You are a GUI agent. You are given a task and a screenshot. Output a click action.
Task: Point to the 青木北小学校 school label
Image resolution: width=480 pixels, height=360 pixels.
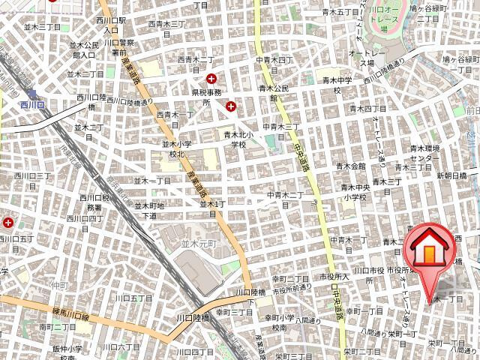(234, 139)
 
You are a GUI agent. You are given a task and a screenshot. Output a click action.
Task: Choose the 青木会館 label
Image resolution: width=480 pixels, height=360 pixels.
(351, 166)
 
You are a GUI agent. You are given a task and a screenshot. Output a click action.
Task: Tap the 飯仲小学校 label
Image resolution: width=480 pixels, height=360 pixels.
(67, 353)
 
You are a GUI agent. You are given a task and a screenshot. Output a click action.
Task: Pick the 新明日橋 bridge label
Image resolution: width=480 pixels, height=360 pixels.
(451, 175)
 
